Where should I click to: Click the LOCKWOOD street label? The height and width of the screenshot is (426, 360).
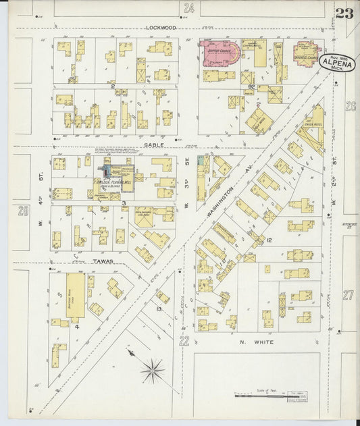point(161,28)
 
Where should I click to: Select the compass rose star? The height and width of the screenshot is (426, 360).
point(153,370)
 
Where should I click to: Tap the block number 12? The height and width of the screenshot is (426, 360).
point(268,240)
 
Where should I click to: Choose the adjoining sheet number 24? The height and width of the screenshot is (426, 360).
point(188,8)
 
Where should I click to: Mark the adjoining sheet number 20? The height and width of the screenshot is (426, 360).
point(24,211)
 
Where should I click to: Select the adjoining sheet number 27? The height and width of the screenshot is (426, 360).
point(349,295)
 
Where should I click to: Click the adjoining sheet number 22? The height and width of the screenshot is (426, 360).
point(184,342)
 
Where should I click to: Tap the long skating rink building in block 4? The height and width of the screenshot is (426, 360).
point(76,296)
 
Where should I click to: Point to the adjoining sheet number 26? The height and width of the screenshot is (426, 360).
point(350,106)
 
